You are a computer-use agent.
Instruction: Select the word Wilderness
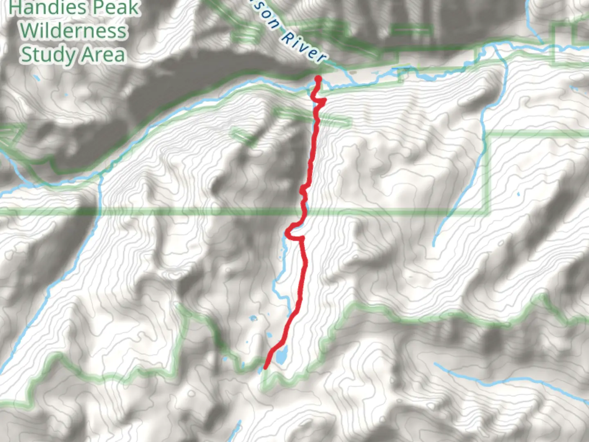tap(74, 31)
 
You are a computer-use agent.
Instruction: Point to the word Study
tap(48, 55)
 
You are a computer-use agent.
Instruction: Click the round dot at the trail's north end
tap(318, 79)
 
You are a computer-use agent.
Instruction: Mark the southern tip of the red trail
tap(265, 367)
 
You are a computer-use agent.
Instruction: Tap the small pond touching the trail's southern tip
tap(261, 370)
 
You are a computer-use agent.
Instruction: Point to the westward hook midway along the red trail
tap(289, 232)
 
